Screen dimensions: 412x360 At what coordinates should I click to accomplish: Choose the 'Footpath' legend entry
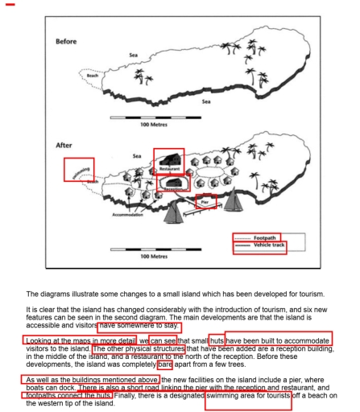[x=266, y=238]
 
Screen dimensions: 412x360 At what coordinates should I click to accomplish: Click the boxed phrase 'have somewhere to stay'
[x=139, y=327]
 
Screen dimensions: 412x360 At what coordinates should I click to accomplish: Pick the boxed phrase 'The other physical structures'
[x=138, y=349]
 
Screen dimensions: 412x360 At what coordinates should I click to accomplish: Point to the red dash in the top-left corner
[x=10, y=5]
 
